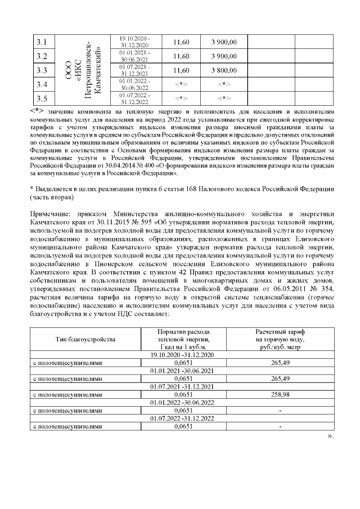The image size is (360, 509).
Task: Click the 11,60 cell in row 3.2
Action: coord(181,56)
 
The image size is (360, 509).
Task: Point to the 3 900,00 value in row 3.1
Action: coord(223,42)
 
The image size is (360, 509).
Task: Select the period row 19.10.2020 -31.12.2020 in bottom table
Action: coord(180,355)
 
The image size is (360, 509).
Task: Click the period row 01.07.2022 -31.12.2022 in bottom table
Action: coord(180,418)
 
